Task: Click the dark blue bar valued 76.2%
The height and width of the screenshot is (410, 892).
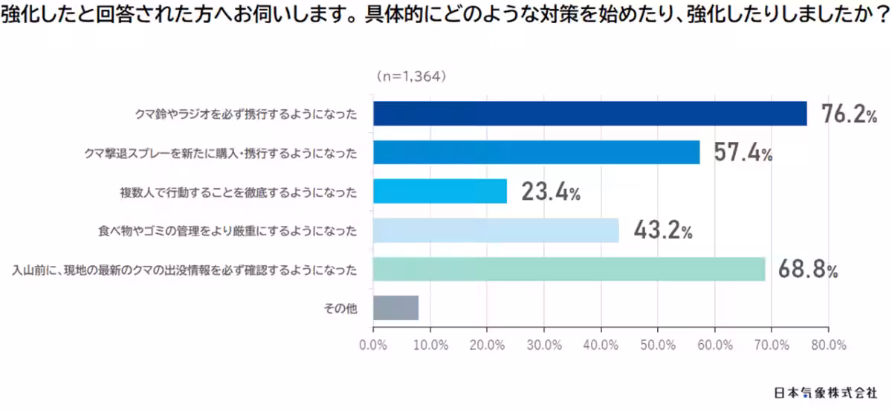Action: [589, 114]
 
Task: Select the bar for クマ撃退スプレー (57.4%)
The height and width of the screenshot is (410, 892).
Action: [536, 152]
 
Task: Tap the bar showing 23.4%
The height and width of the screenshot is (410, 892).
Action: [439, 192]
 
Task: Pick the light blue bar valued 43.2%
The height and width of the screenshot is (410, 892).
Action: [496, 230]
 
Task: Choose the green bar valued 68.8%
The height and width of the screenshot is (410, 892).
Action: [569, 269]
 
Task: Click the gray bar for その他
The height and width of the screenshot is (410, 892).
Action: [395, 307]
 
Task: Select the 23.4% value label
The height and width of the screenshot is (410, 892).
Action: [550, 192]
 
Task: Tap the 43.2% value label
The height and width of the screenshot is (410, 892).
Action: [662, 230]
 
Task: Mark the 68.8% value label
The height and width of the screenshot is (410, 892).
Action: [807, 269]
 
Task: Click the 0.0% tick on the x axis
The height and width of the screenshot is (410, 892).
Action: [372, 345]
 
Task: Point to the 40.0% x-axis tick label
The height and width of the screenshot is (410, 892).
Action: [601, 345]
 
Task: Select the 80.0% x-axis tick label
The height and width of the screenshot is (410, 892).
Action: [828, 345]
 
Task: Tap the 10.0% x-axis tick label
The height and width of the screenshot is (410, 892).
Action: [430, 345]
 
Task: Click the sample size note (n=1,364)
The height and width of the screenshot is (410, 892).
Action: [410, 76]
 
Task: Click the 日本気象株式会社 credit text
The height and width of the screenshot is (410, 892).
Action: [825, 391]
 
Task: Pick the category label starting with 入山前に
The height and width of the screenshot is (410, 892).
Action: [184, 270]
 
